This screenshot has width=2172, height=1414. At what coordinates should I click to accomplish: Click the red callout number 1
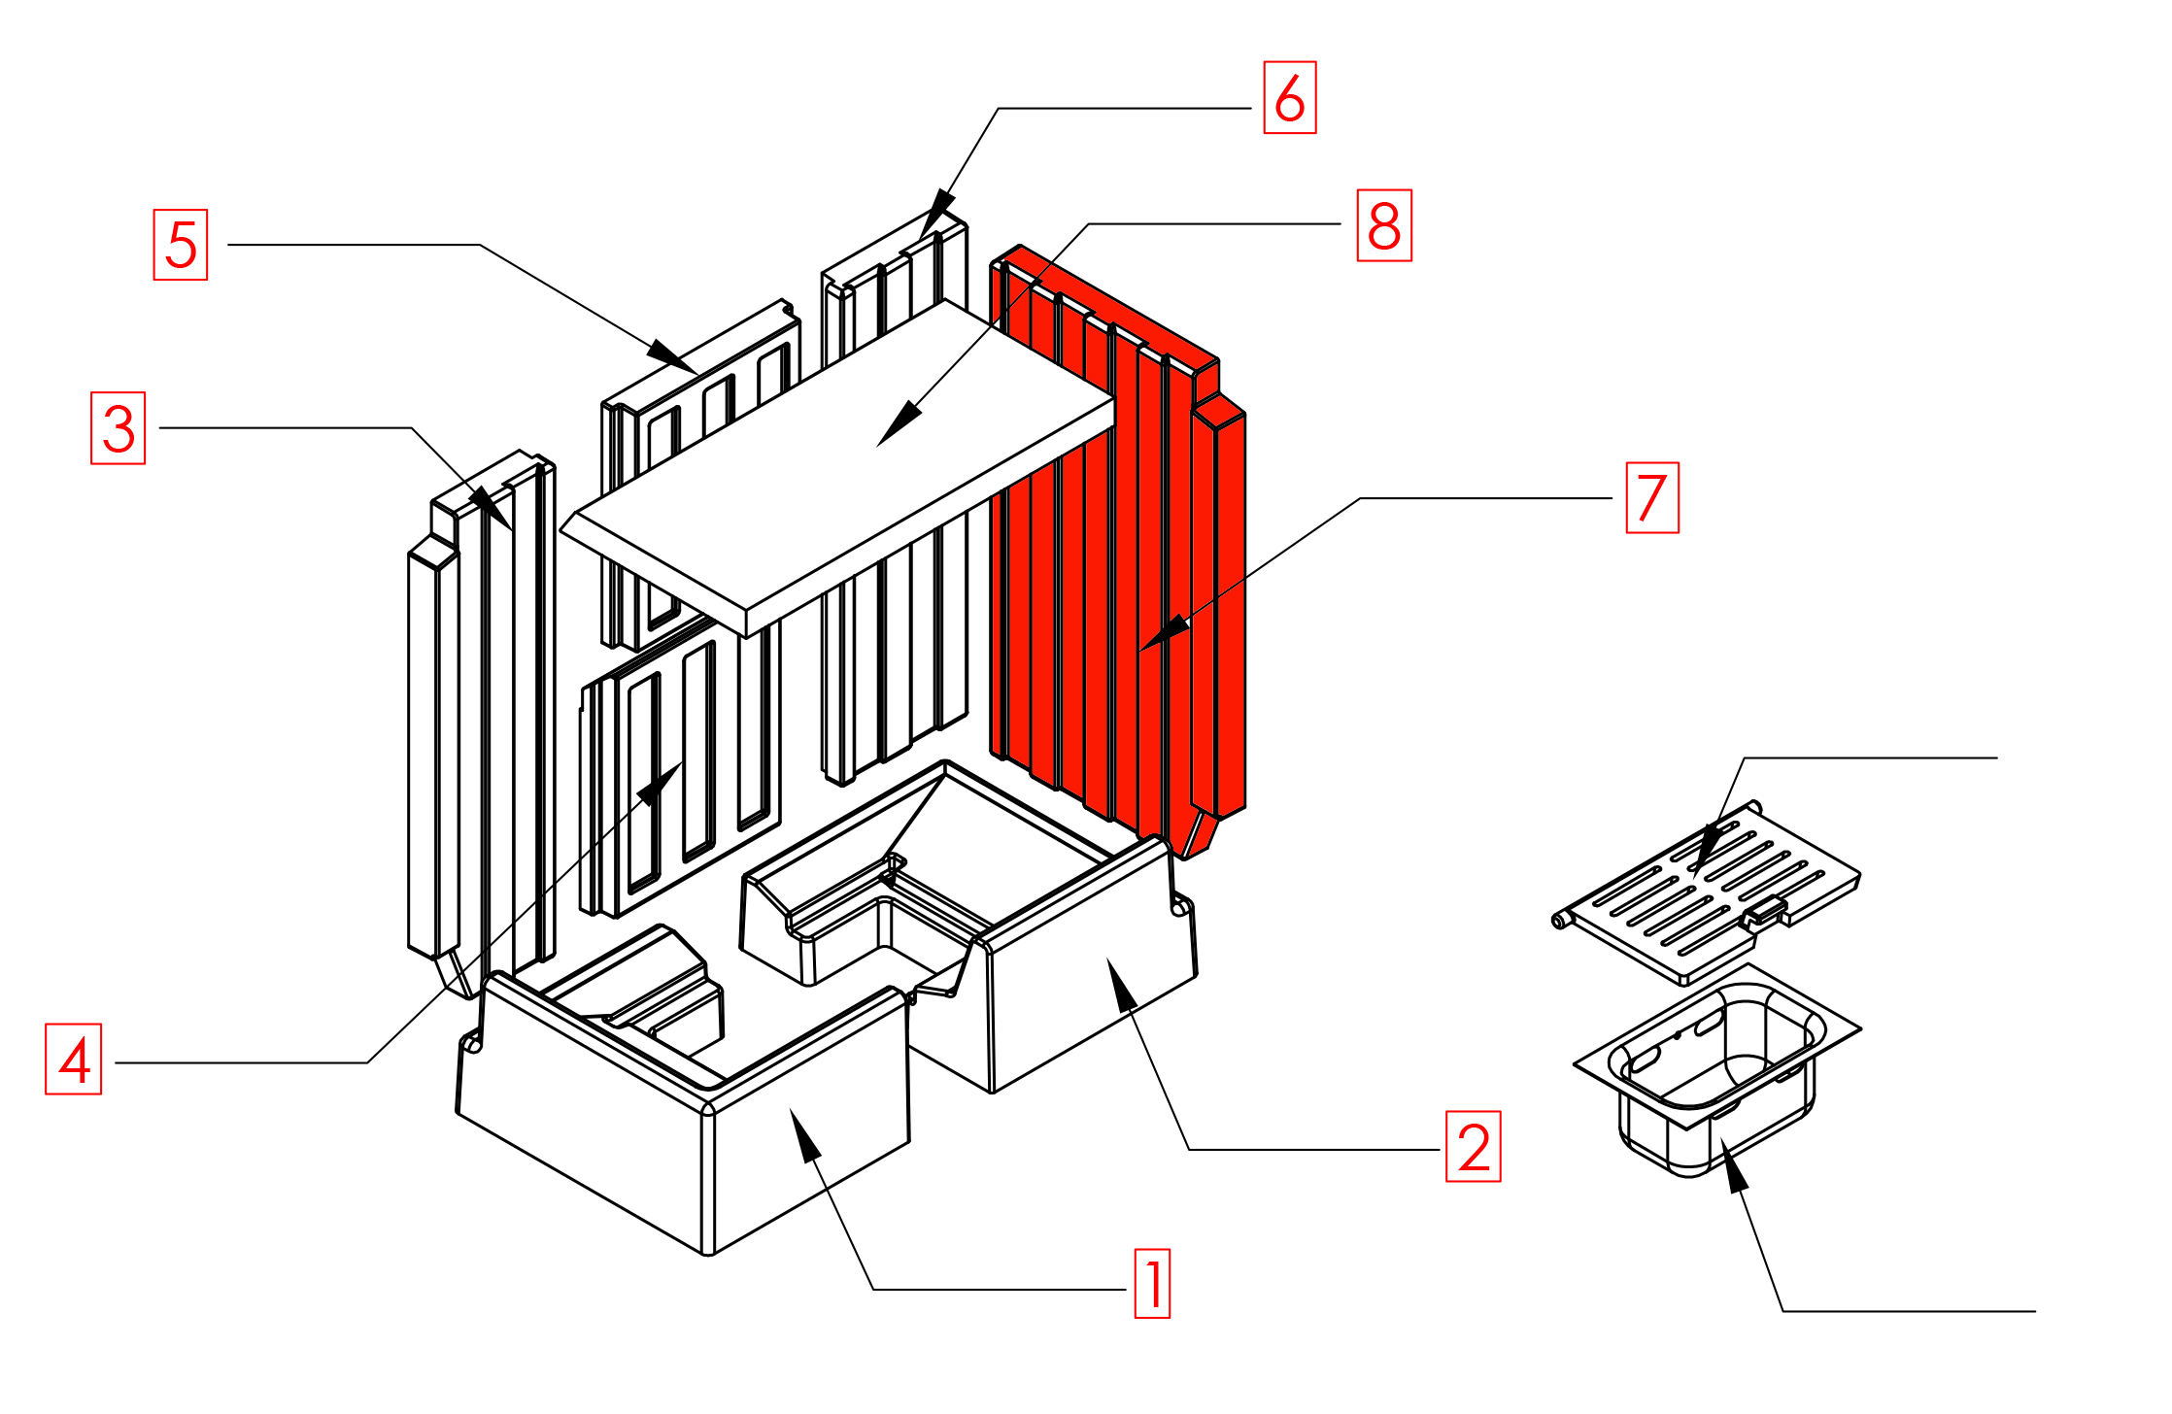(1152, 1284)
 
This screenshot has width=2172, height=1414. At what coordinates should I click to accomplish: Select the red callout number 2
(1473, 1147)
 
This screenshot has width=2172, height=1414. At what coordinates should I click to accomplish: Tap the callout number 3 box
(119, 428)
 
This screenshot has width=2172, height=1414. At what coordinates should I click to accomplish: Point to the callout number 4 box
(74, 1059)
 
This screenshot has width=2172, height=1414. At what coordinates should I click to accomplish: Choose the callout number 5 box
(181, 245)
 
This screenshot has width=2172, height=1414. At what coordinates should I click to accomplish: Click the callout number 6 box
(1289, 97)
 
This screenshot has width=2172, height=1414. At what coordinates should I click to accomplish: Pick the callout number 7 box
(1652, 498)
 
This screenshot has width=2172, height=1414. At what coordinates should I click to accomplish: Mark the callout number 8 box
(1384, 225)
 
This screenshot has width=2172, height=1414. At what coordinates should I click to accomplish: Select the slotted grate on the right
(1710, 889)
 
